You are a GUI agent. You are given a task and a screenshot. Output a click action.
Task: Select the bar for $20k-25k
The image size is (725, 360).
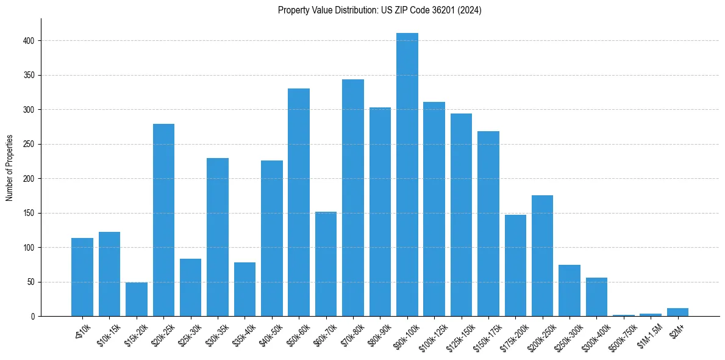coord(163,220)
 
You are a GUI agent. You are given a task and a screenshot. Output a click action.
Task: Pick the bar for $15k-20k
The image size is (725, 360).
coord(137,300)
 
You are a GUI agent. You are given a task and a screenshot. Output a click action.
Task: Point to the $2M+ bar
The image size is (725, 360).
coord(677,312)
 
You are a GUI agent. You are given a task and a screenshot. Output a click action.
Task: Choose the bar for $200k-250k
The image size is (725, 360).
coord(542,256)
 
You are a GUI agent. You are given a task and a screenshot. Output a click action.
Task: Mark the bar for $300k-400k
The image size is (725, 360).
coord(596,297)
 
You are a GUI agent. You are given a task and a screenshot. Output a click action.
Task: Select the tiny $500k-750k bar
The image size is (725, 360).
coord(624,315)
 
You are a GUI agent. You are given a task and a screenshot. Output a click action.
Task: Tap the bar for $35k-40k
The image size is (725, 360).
coord(245,289)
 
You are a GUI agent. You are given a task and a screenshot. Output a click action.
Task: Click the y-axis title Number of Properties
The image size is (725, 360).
coord(10,168)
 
